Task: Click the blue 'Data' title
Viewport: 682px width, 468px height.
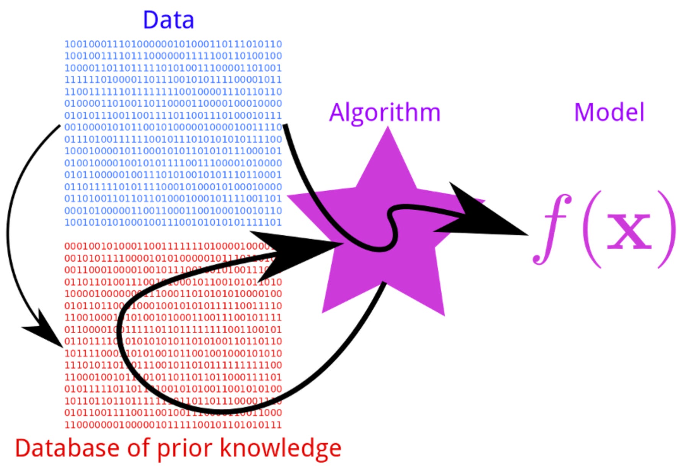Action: click(168, 20)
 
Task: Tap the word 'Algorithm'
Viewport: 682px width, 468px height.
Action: click(385, 113)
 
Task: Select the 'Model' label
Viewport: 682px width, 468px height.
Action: click(609, 113)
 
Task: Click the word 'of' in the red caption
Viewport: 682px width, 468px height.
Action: click(139, 448)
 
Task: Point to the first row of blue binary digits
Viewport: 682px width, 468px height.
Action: click(173, 44)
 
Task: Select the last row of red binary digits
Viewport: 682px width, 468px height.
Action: click(173, 424)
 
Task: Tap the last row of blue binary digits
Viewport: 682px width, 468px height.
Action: click(173, 222)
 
